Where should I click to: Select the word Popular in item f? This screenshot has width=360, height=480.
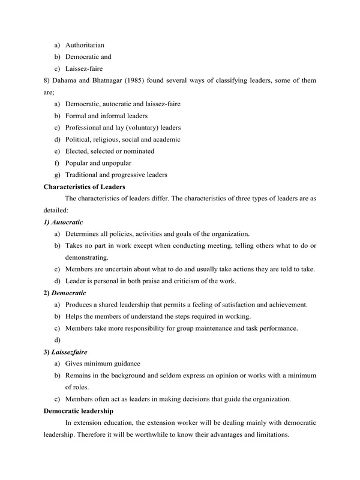click(76, 163)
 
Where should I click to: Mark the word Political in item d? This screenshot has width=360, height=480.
click(78, 139)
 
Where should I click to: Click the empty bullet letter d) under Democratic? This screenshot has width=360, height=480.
click(57, 340)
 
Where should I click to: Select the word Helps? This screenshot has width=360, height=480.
click(74, 316)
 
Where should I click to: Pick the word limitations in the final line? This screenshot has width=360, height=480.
click(273, 434)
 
